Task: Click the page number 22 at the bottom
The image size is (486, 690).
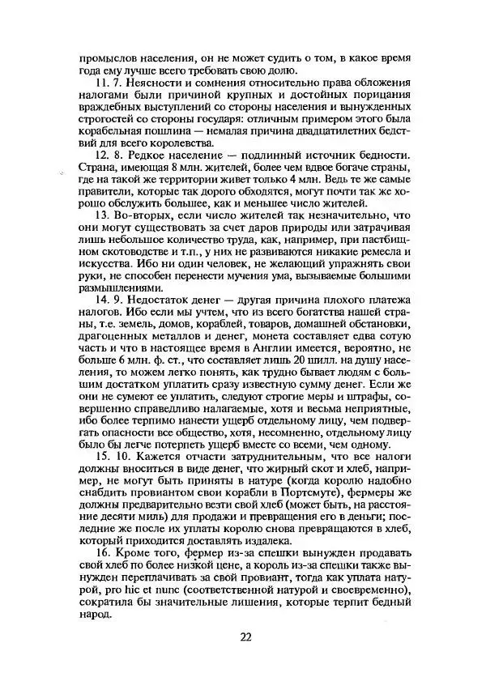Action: click(245, 636)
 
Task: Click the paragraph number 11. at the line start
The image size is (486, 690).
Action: click(104, 83)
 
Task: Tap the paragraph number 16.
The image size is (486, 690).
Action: click(104, 553)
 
